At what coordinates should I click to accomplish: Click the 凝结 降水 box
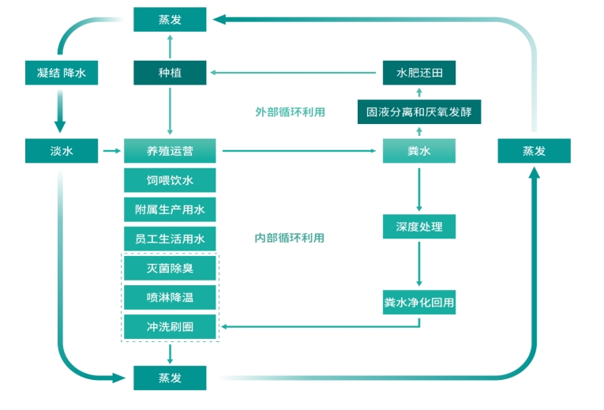(61, 73)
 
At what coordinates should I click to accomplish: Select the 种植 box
(170, 73)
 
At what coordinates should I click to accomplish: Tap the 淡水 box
(61, 151)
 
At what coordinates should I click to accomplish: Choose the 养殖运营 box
(170, 151)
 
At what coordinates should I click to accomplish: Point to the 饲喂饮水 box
(170, 180)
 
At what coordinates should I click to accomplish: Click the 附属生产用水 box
(170, 209)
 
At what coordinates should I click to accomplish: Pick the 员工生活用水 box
(170, 238)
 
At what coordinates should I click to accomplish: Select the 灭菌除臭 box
(170, 268)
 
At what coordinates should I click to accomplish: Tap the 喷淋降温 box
(170, 297)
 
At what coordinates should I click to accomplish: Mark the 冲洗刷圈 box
(170, 326)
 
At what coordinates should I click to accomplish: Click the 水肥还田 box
(418, 73)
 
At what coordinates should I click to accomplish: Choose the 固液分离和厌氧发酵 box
(418, 111)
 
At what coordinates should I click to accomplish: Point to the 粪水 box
(418, 151)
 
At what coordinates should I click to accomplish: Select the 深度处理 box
(418, 227)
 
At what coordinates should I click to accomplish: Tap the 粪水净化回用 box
(418, 302)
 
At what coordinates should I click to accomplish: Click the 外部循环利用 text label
(290, 112)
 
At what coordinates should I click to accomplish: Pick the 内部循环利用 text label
(290, 238)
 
